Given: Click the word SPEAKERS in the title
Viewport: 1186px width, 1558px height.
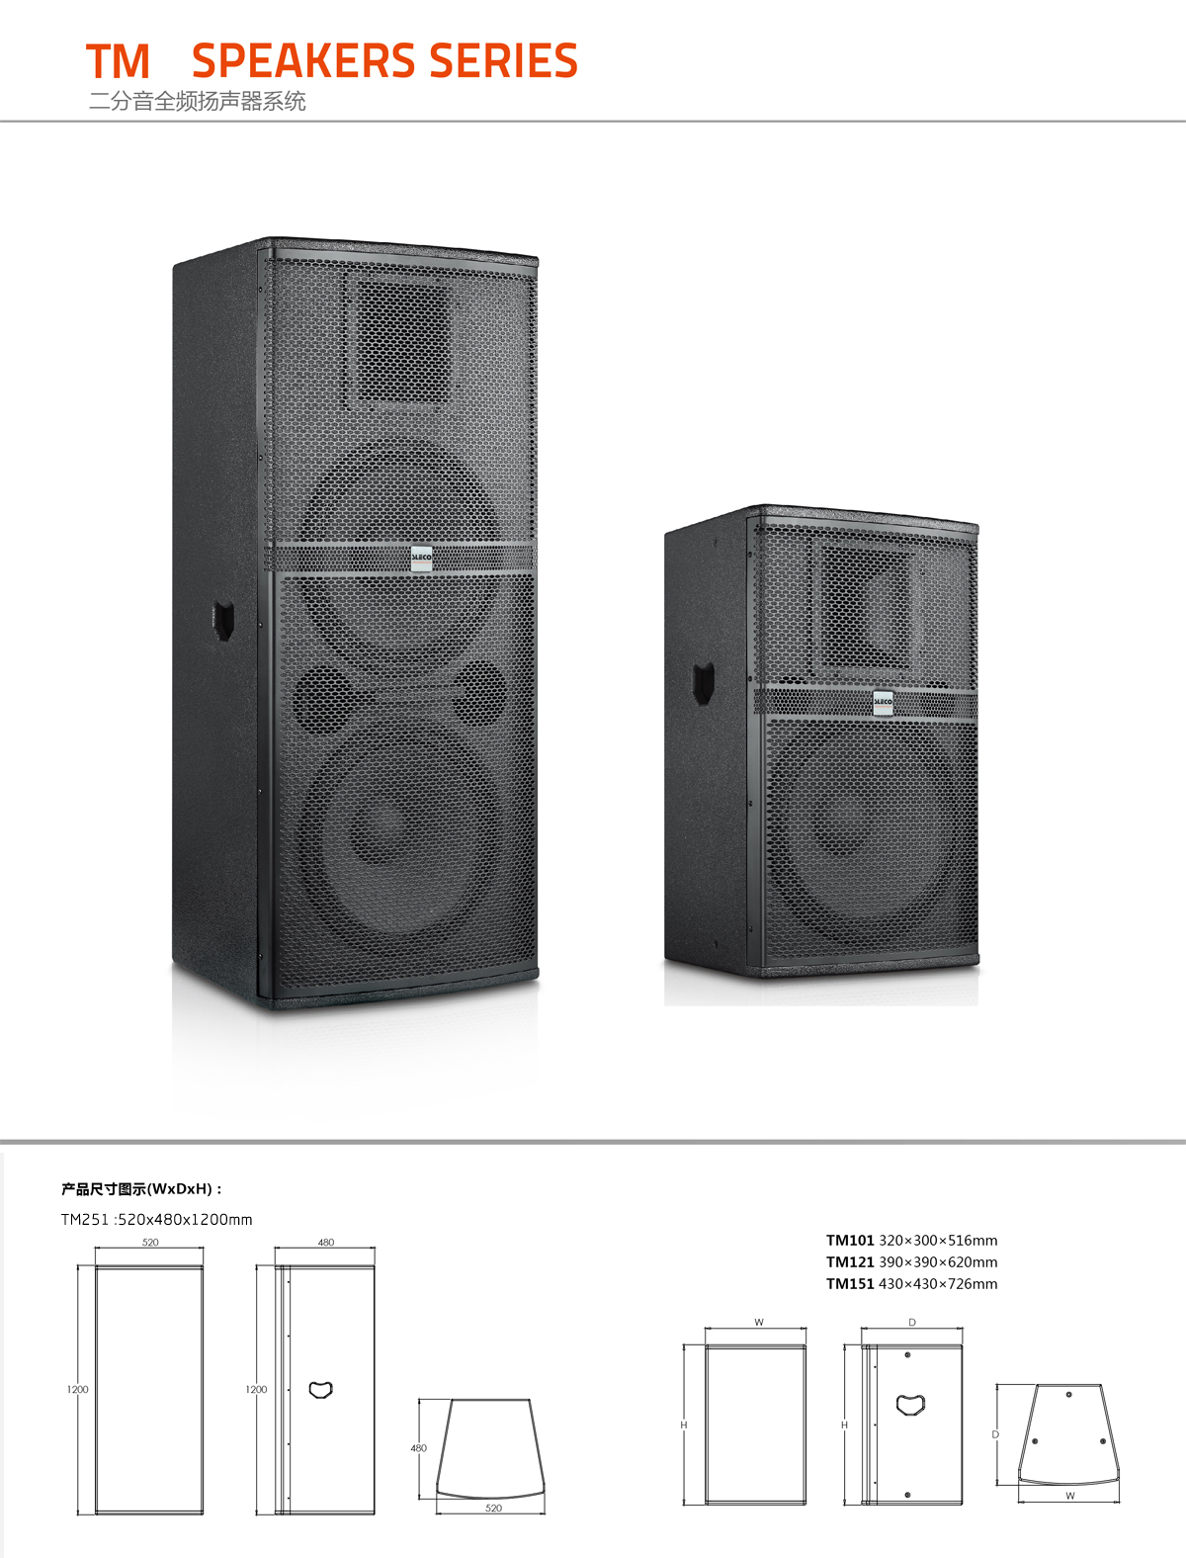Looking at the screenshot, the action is click(x=303, y=60).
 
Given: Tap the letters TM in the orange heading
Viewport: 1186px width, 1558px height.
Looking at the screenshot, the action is click(x=118, y=61).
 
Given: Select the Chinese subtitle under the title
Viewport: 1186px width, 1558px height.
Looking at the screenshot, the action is click(x=198, y=101).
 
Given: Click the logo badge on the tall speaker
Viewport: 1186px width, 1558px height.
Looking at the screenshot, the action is click(x=421, y=559).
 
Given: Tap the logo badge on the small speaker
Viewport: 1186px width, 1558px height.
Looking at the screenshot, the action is click(x=884, y=702).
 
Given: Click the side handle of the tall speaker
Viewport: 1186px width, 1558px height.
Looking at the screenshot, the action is click(x=224, y=621).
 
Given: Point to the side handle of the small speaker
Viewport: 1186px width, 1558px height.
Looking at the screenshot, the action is click(x=703, y=683).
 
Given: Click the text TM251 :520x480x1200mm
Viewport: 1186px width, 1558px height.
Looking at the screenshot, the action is click(x=157, y=1220).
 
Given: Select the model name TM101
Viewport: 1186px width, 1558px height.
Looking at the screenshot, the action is click(x=850, y=1240).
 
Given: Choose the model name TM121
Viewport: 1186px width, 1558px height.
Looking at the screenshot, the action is click(x=850, y=1261).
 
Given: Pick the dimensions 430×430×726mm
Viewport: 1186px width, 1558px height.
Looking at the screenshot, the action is click(x=938, y=1283).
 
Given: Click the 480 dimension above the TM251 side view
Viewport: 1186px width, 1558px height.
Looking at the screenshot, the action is click(x=325, y=1242).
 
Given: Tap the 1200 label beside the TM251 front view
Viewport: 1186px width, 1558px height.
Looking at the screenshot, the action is click(x=78, y=1389).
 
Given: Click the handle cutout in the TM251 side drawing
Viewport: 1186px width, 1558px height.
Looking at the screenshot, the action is click(x=320, y=1390).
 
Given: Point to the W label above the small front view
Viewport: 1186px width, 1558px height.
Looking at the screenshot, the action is click(x=759, y=1323).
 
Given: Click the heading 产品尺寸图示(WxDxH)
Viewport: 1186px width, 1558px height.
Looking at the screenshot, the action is click(x=141, y=1189).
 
